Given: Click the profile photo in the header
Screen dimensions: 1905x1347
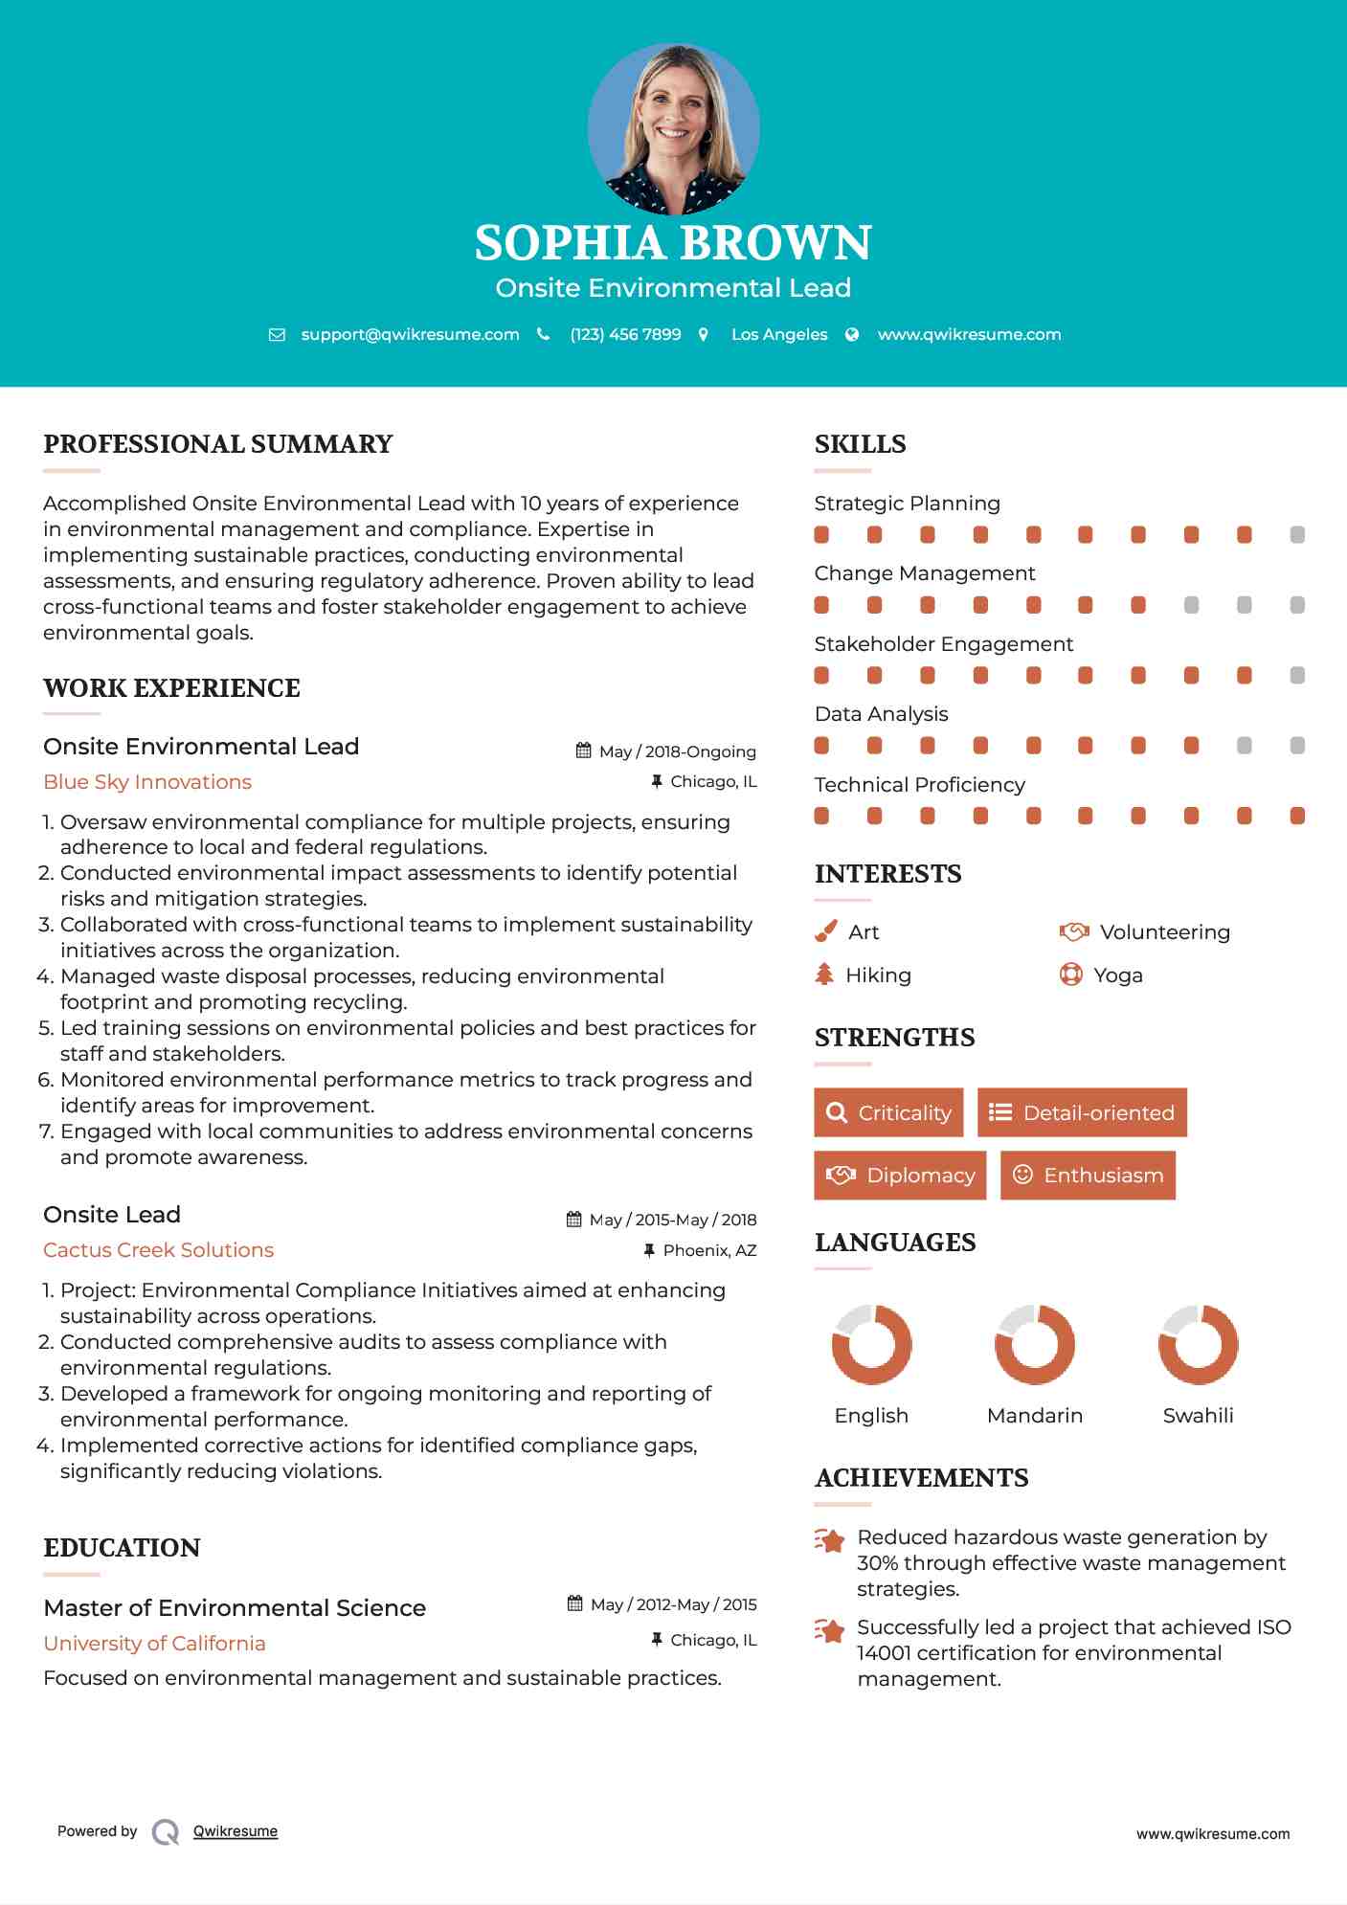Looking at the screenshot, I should coord(673,128).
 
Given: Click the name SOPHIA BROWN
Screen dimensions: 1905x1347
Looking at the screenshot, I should coord(673,243).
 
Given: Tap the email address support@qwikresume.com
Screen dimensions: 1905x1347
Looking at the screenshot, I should coord(410,335).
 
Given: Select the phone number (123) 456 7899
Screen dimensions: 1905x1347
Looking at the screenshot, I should coord(625,335).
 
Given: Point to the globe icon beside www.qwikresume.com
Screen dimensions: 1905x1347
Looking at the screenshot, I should coord(852,335).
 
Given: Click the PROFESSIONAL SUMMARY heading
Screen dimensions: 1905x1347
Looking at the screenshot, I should coord(218,444).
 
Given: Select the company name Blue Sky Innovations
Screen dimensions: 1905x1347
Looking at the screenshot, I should coord(147,782).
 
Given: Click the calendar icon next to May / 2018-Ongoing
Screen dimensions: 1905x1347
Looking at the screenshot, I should coord(583,751).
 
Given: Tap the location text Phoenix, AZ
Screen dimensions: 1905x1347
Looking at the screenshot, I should coord(709,1250).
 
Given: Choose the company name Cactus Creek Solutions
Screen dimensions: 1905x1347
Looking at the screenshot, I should coord(159,1250).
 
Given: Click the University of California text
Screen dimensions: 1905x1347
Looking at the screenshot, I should coord(155,1644).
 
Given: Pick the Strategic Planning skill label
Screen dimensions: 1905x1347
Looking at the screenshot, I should coord(907,504).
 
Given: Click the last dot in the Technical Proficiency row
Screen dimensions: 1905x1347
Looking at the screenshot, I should coord(1297,816).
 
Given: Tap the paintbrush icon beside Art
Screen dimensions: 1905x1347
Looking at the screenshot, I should coord(825,931).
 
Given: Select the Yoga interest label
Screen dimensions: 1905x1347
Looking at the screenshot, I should coord(1118,975).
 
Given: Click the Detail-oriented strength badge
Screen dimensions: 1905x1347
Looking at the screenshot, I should coord(1082,1112).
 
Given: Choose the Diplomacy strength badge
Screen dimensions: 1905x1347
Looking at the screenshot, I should coord(900,1176).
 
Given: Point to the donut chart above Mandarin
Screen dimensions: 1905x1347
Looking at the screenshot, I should coord(1035,1344).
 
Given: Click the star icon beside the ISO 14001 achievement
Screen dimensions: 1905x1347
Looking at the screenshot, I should coord(830,1629).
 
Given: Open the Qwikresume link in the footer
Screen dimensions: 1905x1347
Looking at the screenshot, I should coord(236,1831).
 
